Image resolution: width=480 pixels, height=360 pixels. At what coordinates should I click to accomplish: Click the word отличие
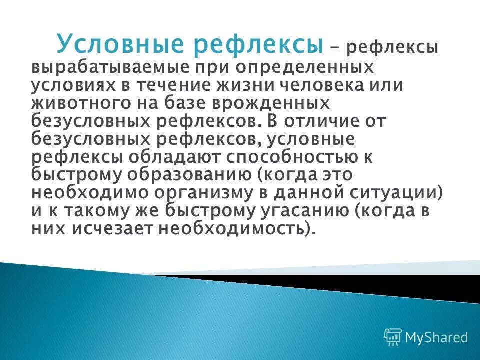tap(341, 121)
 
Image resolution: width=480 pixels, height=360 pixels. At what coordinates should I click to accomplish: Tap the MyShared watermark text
tap(436, 338)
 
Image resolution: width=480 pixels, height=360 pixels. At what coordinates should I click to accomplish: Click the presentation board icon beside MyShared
tap(393, 337)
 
